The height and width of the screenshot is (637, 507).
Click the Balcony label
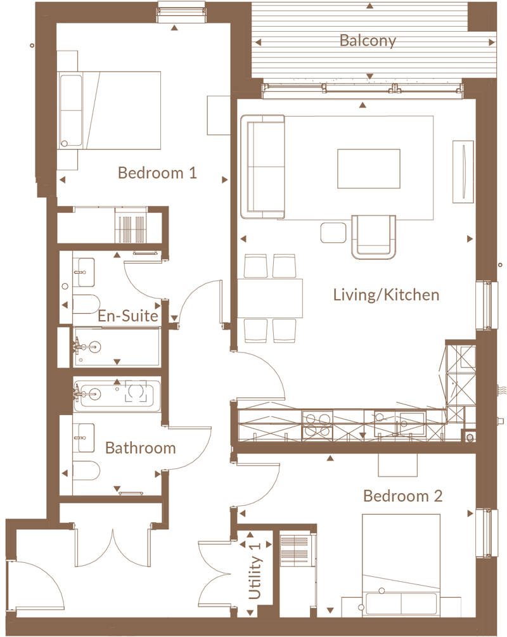click(x=368, y=41)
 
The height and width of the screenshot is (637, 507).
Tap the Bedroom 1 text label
click(x=158, y=172)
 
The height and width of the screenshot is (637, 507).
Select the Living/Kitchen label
click(x=386, y=295)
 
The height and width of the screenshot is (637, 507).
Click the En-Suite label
click(x=127, y=316)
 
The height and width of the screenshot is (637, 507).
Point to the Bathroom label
click(x=140, y=448)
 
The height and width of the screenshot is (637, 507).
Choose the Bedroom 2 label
click(x=402, y=496)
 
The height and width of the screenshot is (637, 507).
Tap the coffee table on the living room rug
click(x=368, y=169)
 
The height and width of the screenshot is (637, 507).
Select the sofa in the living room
click(x=262, y=165)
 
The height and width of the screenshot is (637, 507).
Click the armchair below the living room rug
click(x=373, y=236)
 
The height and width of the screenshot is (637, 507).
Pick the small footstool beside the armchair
click(x=331, y=233)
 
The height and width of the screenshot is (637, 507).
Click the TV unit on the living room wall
click(x=463, y=170)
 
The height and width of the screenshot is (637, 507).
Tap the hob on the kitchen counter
click(x=316, y=424)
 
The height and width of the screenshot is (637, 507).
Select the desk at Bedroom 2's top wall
click(x=398, y=465)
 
